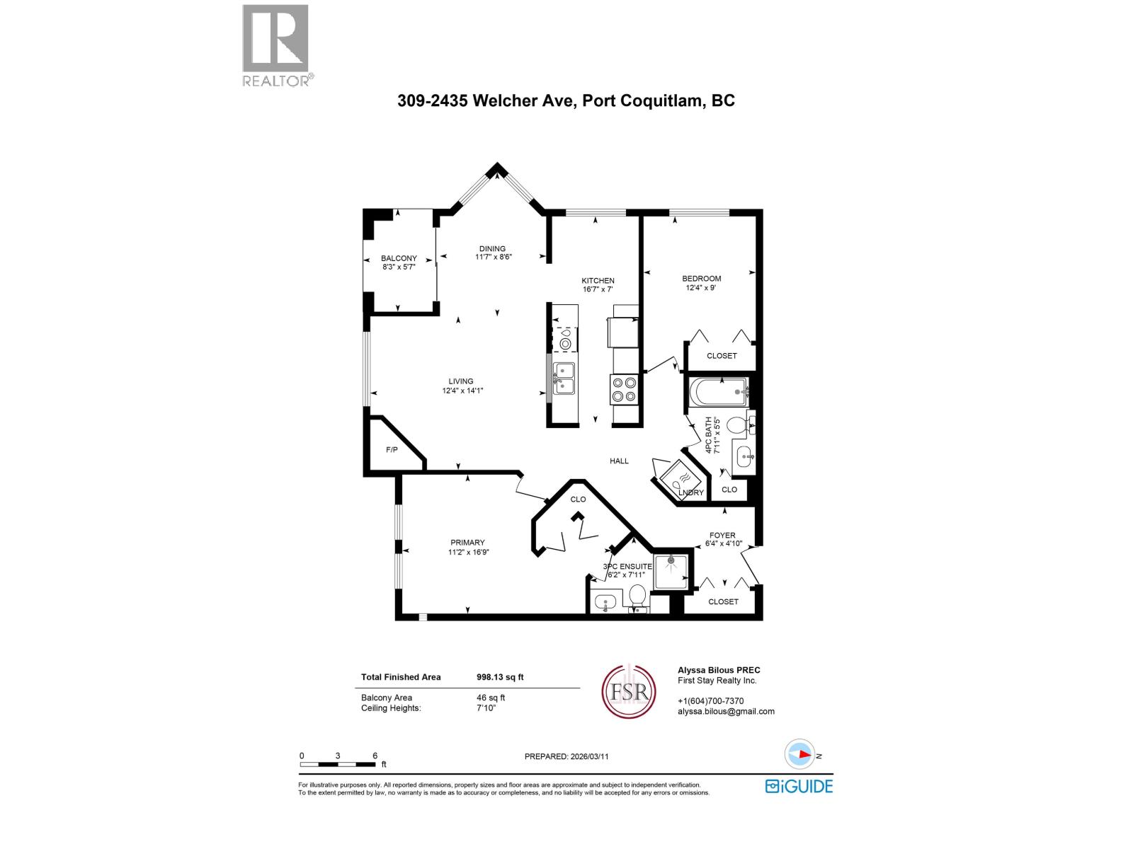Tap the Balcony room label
(x=399, y=258)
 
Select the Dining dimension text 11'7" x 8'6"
(x=493, y=258)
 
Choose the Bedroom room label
(x=702, y=278)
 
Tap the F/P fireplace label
(x=392, y=450)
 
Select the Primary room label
(x=467, y=543)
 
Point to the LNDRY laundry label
(x=695, y=492)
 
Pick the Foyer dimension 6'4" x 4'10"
(x=723, y=544)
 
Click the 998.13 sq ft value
(x=500, y=677)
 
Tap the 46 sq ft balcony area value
(x=491, y=698)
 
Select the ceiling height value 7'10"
(x=486, y=708)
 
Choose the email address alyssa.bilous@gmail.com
(x=726, y=712)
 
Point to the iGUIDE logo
(x=799, y=786)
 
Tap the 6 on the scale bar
(x=375, y=756)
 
